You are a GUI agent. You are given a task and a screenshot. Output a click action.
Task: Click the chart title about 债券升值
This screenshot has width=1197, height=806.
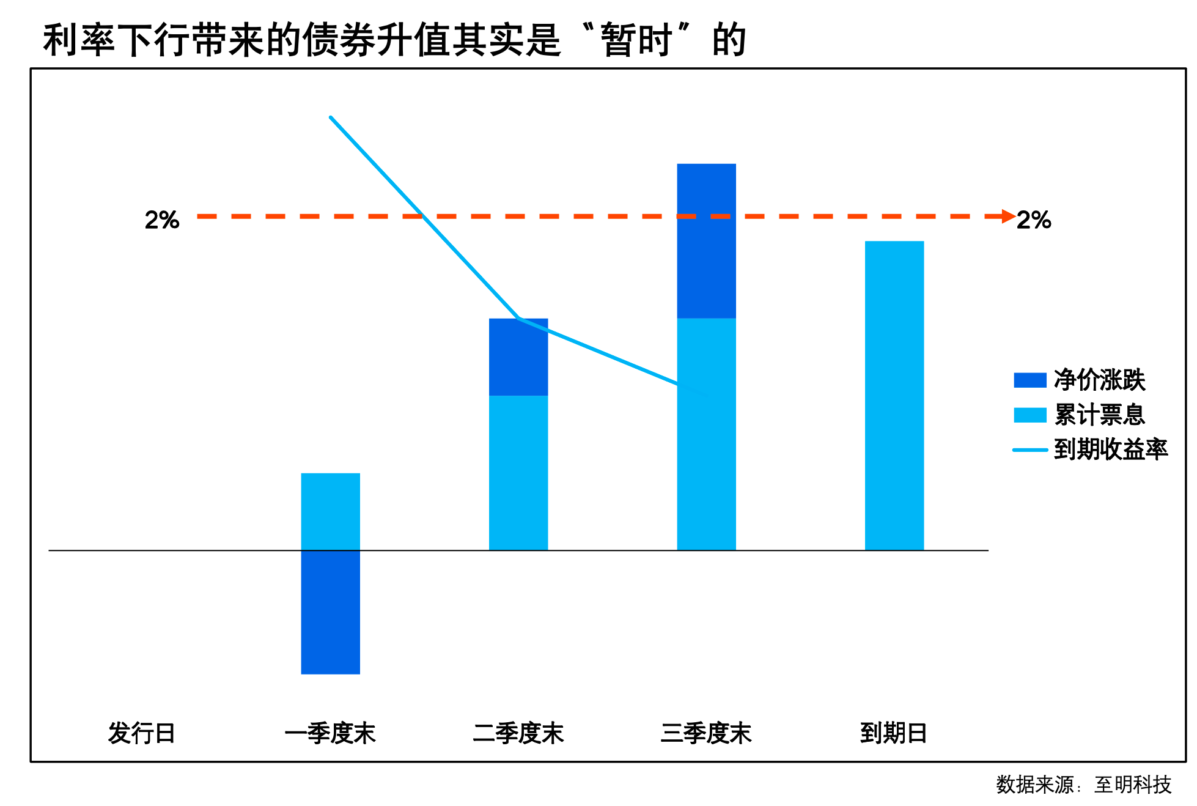pos(394,40)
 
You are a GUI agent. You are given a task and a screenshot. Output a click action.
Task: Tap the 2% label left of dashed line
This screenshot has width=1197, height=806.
pos(162,220)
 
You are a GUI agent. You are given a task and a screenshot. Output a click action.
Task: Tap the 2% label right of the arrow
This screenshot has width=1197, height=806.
pos(1033,220)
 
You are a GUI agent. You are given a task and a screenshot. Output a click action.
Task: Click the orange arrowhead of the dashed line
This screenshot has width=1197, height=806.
pos(1008,216)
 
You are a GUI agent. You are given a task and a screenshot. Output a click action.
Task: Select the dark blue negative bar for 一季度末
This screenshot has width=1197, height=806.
pos(330,612)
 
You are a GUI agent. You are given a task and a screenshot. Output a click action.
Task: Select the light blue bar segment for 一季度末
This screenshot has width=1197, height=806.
pos(330,512)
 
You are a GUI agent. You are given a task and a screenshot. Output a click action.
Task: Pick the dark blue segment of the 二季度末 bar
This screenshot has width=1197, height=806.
pos(518,357)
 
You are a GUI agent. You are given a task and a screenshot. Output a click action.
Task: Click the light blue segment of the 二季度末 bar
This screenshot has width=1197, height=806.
pos(518,473)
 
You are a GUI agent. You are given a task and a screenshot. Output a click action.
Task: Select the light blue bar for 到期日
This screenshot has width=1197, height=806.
pos(894,396)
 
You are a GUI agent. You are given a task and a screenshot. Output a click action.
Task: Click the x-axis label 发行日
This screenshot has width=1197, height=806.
pos(142,733)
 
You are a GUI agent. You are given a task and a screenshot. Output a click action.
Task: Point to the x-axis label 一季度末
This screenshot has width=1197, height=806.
pos(330,733)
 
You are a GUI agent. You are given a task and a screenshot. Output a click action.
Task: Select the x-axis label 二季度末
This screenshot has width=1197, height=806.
pos(518,733)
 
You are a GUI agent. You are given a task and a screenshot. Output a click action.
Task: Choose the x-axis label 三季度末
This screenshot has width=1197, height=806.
pos(706,733)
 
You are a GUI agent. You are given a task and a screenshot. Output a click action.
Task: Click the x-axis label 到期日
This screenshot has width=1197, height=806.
pos(894,733)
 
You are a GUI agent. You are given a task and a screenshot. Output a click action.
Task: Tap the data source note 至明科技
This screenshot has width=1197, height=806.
pos(1132,785)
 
